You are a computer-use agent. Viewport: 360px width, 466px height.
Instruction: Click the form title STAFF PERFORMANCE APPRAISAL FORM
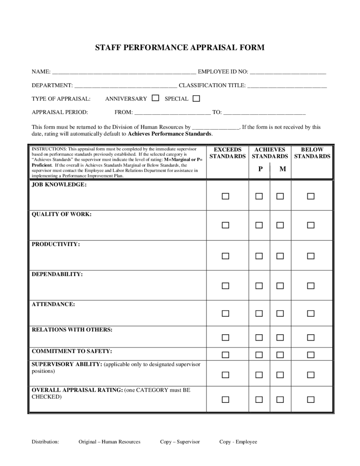(x=180, y=48)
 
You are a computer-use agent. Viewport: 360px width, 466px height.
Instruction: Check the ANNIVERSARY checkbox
(x=156, y=98)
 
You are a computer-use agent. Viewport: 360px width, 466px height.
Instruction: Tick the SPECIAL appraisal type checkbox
(x=196, y=98)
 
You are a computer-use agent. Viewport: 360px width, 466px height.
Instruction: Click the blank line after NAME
(x=124, y=72)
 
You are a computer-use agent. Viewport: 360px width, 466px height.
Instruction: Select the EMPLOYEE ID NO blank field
(x=288, y=72)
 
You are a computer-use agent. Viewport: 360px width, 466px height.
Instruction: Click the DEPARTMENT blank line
(x=126, y=86)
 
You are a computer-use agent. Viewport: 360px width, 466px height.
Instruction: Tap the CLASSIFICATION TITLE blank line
(x=287, y=86)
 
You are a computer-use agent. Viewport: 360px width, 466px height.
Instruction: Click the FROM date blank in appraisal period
(x=172, y=113)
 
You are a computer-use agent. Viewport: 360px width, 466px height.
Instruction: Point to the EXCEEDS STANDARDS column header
(x=228, y=153)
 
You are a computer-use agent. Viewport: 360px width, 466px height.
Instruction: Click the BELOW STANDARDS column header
(x=312, y=153)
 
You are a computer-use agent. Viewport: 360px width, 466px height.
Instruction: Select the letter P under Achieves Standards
(x=260, y=169)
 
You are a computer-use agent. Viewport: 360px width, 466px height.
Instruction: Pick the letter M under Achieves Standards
(x=283, y=169)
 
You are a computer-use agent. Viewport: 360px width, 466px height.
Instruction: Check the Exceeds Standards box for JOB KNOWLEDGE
(x=226, y=196)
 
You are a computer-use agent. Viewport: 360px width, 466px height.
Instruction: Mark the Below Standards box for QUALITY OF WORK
(x=311, y=225)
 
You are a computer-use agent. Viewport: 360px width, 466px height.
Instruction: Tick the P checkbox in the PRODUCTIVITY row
(x=259, y=256)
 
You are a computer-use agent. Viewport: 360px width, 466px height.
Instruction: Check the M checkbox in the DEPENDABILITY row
(x=280, y=286)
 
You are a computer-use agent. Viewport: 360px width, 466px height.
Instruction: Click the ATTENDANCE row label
(x=53, y=304)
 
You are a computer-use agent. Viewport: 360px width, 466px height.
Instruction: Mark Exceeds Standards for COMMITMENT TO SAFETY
(x=226, y=355)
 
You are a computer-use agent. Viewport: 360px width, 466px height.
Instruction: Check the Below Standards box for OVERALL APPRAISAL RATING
(x=311, y=399)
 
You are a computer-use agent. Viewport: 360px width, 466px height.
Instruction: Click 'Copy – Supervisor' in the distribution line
(x=180, y=442)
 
